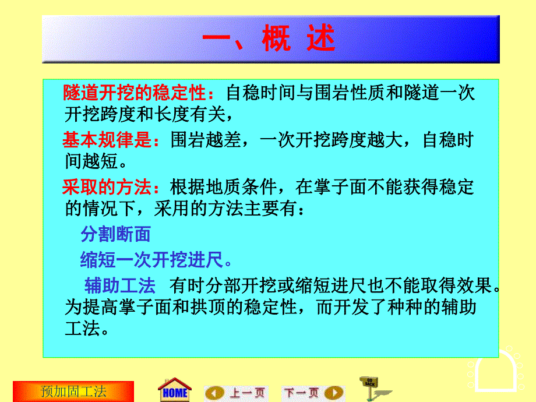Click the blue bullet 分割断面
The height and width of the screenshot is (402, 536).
tap(115, 234)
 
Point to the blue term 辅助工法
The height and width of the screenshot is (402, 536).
tap(120, 285)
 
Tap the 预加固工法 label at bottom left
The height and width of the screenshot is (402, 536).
tap(73, 391)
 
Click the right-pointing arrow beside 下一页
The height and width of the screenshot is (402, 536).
tap(334, 392)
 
